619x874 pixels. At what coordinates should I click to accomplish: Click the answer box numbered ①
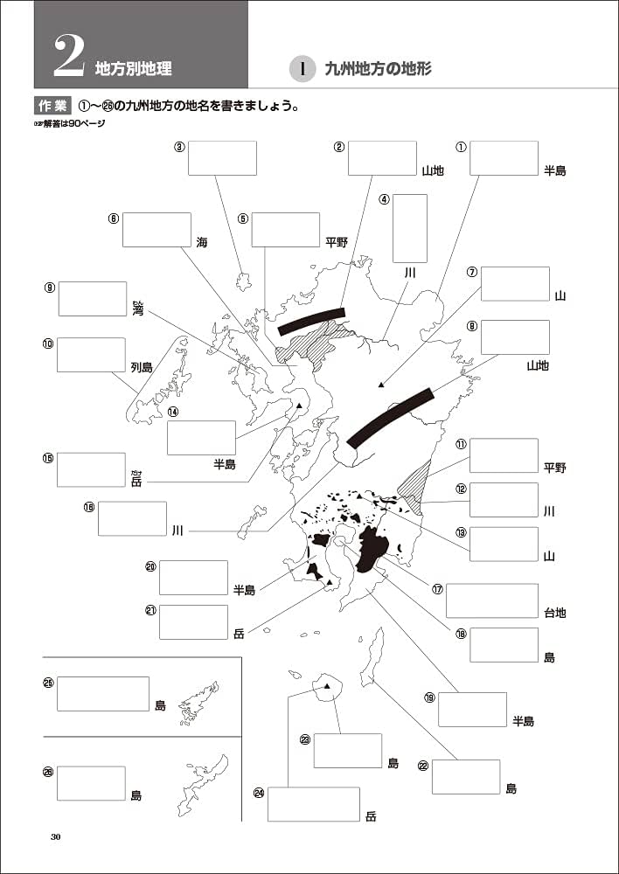click(x=503, y=158)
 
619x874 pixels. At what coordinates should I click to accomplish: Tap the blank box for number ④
click(x=409, y=228)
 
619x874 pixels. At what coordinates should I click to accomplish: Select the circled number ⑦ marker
click(x=471, y=272)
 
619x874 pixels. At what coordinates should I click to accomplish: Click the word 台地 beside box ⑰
click(x=555, y=614)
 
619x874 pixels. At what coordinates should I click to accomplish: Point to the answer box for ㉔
click(x=314, y=804)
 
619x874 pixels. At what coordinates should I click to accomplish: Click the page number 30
click(x=56, y=837)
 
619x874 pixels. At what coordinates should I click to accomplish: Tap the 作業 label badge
click(x=52, y=106)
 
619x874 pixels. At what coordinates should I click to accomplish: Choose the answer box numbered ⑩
click(x=91, y=355)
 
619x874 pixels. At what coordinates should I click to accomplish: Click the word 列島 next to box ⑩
click(x=142, y=368)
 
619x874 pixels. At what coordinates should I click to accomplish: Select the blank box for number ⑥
click(x=156, y=229)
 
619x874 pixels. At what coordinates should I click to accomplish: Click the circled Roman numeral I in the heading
click(x=302, y=69)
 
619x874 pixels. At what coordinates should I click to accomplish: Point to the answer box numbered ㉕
click(x=103, y=693)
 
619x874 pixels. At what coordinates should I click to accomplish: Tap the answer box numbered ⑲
click(x=472, y=709)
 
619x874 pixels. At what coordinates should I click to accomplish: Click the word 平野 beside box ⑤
click(x=337, y=242)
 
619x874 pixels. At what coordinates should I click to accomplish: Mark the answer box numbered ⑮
click(x=91, y=469)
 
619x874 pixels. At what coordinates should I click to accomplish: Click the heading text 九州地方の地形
click(x=378, y=69)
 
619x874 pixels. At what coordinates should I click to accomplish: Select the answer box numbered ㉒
click(x=466, y=776)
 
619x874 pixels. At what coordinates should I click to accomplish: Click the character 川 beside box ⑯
click(x=177, y=531)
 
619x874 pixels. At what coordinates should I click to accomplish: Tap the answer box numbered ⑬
click(x=503, y=544)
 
